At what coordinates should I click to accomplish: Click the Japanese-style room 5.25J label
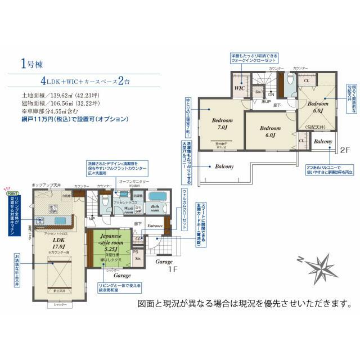point(109,242)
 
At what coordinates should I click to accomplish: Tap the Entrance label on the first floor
point(155,226)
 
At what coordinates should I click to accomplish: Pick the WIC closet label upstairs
point(238,88)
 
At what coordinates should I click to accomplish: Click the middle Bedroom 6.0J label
point(269,132)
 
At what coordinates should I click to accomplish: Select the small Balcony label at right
point(322,141)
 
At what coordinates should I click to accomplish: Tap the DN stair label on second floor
point(271,95)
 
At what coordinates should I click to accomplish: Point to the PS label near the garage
point(135,252)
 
